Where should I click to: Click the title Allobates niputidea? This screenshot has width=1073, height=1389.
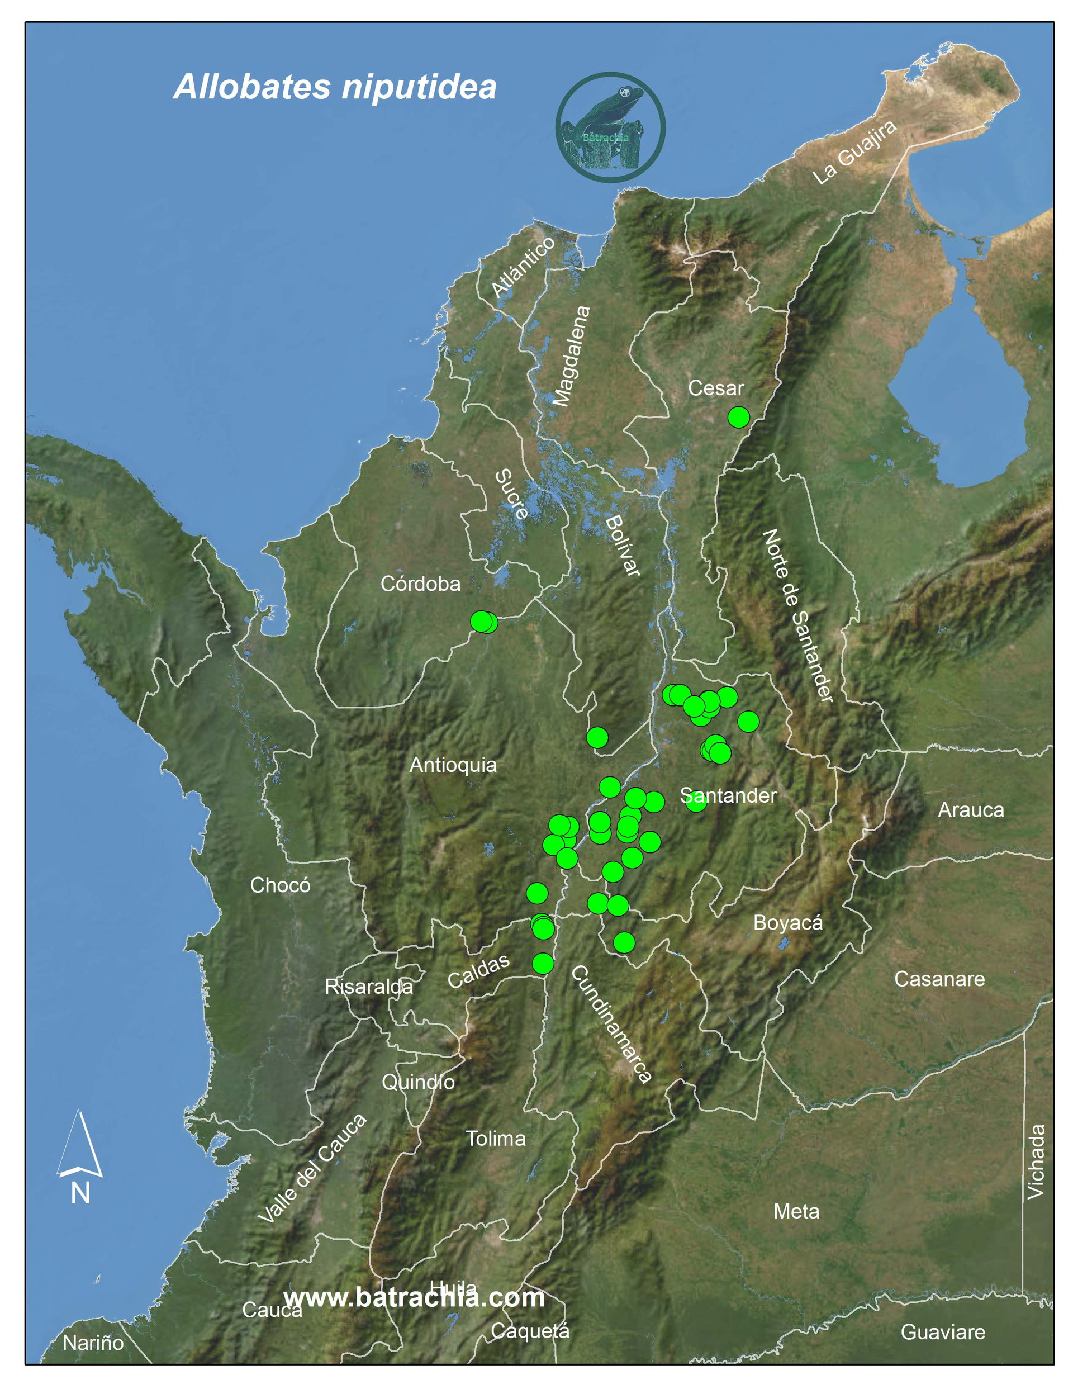[335, 87]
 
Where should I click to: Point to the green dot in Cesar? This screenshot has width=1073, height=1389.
[738, 417]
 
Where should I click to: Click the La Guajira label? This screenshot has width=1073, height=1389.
[855, 152]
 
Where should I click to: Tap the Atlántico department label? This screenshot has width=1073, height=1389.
[523, 267]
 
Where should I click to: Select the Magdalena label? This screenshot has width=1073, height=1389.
[572, 355]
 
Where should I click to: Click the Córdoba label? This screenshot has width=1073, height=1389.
[420, 584]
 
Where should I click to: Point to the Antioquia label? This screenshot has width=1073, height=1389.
[453, 765]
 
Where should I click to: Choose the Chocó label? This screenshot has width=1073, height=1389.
[280, 885]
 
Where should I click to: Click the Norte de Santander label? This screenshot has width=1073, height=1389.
[797, 615]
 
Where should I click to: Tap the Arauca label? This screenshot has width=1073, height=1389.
[971, 809]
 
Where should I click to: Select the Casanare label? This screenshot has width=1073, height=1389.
[939, 979]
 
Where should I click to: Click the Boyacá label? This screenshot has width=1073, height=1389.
[787, 922]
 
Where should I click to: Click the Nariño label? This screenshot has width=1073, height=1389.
[93, 1343]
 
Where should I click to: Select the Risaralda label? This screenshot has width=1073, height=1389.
[368, 987]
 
